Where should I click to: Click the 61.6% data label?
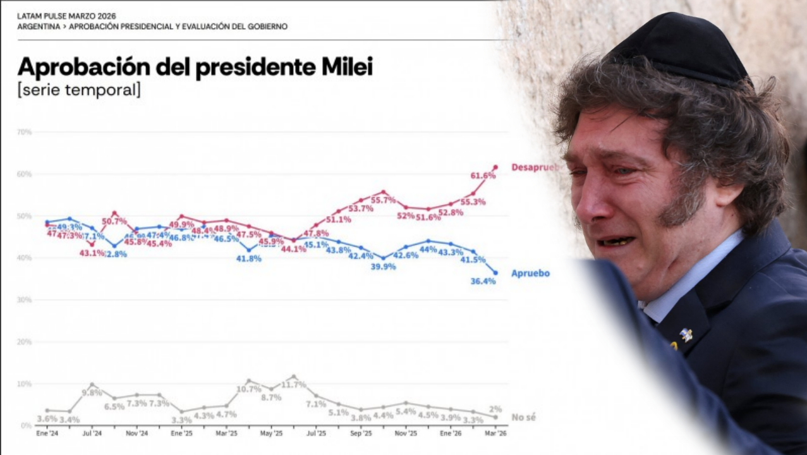click(483, 176)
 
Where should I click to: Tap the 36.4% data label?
click(483, 281)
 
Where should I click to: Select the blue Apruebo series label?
click(530, 274)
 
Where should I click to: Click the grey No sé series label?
click(524, 418)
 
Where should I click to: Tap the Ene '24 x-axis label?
click(47, 434)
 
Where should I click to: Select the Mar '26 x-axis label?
click(495, 434)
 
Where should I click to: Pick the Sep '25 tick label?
click(361, 434)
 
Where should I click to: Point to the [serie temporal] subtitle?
click(79, 90)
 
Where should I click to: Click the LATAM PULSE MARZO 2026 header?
click(66, 15)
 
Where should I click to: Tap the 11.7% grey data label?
click(294, 385)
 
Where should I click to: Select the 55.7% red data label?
click(383, 200)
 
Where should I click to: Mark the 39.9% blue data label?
click(383, 267)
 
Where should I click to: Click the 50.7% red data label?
click(114, 221)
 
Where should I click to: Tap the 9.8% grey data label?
click(92, 392)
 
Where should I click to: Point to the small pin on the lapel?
click(685, 334)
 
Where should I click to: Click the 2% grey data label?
click(495, 409)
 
